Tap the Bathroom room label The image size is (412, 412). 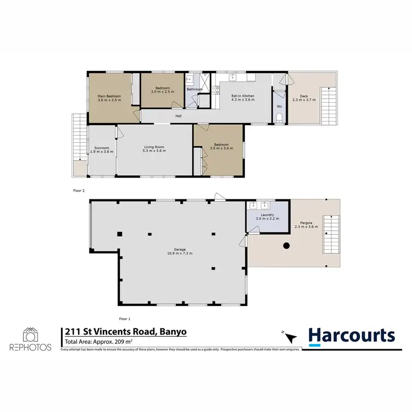(x=194, y=89)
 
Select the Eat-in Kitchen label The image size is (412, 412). (x=242, y=96)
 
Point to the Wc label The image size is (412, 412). (x=279, y=106)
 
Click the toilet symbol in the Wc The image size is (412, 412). (x=280, y=117)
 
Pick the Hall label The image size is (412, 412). (x=179, y=116)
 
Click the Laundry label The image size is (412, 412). (x=266, y=215)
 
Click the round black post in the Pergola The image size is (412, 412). (x=286, y=247)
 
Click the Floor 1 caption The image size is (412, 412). (x=125, y=319)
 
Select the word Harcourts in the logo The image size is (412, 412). (x=351, y=335)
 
